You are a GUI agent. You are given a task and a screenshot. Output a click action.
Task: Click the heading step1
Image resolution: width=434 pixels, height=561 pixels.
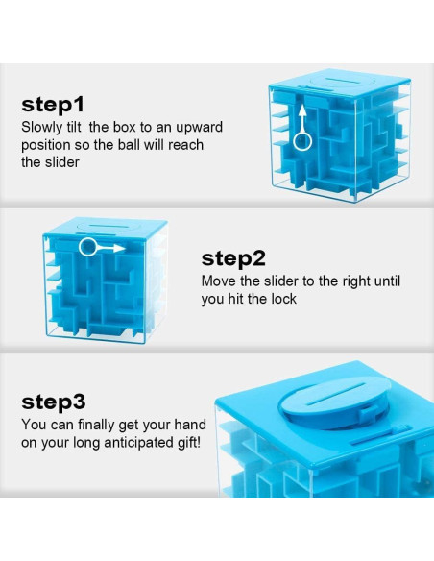53,105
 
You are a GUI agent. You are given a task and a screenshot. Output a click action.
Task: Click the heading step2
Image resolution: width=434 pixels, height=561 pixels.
233,258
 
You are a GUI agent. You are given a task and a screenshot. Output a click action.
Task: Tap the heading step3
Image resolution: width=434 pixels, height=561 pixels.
54,402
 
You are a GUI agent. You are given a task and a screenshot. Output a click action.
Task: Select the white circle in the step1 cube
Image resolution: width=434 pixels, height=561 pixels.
302,141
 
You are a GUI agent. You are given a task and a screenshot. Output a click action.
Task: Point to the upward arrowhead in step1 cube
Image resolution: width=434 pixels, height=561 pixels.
302,110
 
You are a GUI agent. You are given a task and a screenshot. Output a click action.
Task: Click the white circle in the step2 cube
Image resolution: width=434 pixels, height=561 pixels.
87,247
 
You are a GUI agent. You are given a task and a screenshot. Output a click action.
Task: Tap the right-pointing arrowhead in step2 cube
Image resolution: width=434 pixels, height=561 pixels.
119,248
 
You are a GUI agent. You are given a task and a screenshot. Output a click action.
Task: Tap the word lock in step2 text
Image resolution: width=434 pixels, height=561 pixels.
283,299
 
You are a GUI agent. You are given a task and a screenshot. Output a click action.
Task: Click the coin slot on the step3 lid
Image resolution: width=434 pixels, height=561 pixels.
336,394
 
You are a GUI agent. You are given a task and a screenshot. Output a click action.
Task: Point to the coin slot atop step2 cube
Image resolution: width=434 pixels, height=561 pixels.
107,226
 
